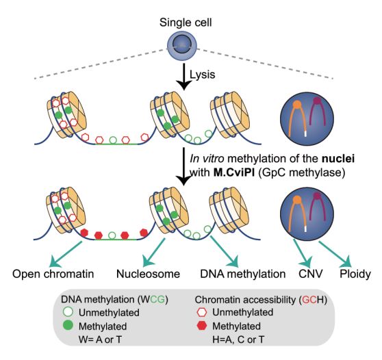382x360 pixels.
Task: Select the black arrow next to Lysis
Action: [183, 75]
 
